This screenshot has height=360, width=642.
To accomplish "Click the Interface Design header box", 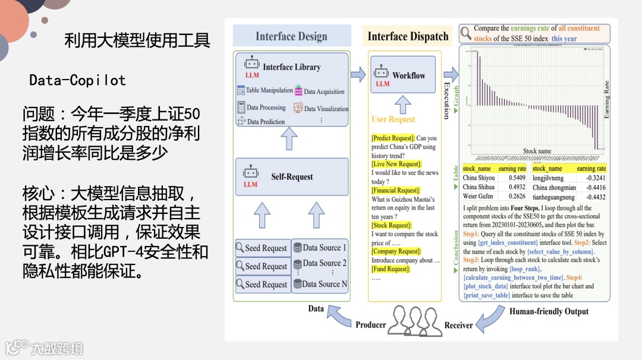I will [x=291, y=36].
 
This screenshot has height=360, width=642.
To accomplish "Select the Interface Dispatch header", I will [x=408, y=36].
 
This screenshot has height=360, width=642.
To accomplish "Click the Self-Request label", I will [x=292, y=176].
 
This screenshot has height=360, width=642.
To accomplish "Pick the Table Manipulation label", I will [x=269, y=90].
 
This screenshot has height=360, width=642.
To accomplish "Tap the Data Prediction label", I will [x=266, y=122].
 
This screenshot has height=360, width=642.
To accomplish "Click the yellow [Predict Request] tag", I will [x=393, y=138].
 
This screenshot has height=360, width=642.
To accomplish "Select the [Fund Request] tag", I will [x=391, y=269].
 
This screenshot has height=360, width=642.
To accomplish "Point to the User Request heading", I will [x=393, y=119].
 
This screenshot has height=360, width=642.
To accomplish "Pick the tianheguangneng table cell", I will [x=554, y=197].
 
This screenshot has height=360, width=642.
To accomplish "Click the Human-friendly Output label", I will [x=549, y=311].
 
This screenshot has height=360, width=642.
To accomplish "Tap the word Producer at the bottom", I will [x=371, y=324].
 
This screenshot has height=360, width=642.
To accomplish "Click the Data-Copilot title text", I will [x=77, y=80].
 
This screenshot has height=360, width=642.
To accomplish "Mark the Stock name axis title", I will [x=537, y=151].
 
